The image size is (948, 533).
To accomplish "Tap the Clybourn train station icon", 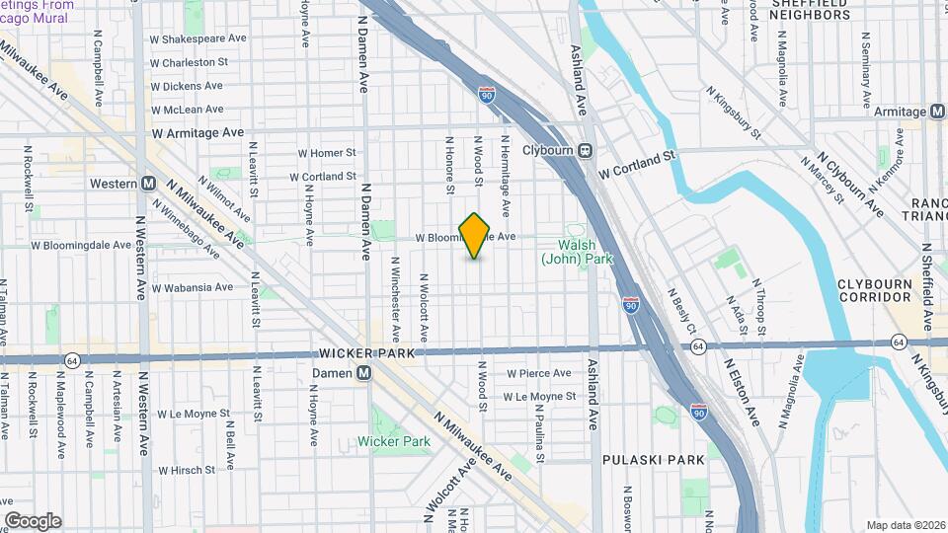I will pos(585,151).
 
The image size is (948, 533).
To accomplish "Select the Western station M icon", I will pos(148,183).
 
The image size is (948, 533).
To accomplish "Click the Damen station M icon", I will pos(364,372).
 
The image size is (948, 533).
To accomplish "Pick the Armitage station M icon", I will pos(934,112).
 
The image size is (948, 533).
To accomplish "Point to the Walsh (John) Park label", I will pos(578,252).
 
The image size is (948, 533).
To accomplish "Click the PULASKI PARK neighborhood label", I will pos(655,459).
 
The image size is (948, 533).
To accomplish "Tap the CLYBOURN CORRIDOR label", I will pos(874,289).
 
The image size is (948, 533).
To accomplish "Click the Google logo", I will pos(33,521).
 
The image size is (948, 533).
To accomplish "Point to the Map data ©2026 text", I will pos(906,525).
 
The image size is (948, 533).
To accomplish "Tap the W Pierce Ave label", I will pos(538,373).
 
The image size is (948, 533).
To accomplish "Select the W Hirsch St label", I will pos(194,471).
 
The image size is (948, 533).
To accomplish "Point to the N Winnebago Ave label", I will pos(188,226).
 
